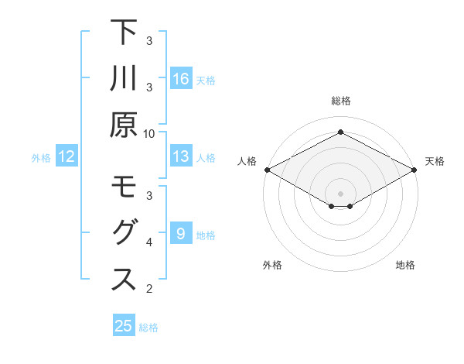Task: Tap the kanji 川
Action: [124, 80]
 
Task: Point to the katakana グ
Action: [124, 233]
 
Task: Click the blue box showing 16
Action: [181, 78]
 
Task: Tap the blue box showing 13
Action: [181, 156]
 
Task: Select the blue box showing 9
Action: [181, 234]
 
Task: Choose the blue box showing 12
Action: [67, 156]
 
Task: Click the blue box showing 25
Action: [124, 326]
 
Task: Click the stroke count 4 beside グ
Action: [148, 242]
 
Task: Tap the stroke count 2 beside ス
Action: [148, 289]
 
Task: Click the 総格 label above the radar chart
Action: [340, 101]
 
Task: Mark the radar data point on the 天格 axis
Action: [415, 170]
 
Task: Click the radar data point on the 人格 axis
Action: [267, 170]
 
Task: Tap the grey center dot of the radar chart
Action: [340, 193]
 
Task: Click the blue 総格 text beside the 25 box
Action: [148, 328]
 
